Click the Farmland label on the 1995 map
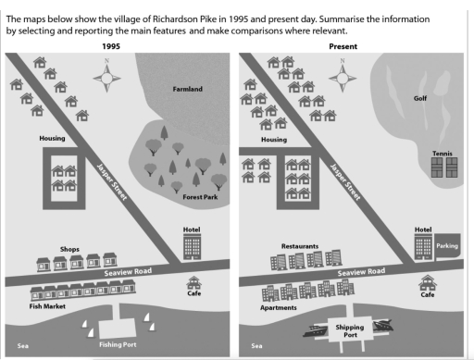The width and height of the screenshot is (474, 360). [x=187, y=89]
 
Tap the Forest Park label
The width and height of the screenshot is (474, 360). [x=197, y=196]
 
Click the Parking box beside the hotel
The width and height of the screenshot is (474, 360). [x=447, y=247]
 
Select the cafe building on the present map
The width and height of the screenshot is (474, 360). [x=427, y=281]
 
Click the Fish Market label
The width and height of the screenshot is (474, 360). [x=47, y=304]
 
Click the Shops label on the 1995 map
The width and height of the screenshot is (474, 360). [x=70, y=249]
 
